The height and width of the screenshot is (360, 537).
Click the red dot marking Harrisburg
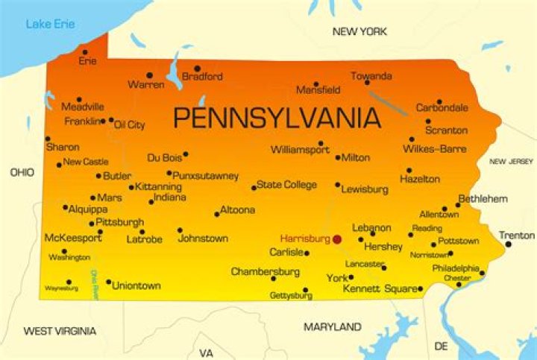click(x=337, y=239)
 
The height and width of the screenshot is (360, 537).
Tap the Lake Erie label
click(x=50, y=25)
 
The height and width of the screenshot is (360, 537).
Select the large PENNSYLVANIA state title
click(x=277, y=118)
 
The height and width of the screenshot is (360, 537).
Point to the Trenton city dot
click(x=509, y=244)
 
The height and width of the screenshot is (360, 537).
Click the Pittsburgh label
click(x=120, y=222)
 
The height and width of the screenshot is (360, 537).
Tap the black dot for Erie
click(x=85, y=53)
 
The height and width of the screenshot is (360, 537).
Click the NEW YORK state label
click(x=359, y=31)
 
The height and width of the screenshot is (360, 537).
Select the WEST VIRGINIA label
click(x=60, y=330)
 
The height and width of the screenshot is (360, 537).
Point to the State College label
click(x=286, y=185)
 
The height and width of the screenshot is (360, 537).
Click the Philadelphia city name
click(x=456, y=268)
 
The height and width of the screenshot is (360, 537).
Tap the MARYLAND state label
click(x=333, y=326)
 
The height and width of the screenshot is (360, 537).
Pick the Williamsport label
click(x=300, y=150)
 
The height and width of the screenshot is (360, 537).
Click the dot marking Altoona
click(x=217, y=214)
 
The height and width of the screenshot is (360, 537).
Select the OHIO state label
click(x=22, y=172)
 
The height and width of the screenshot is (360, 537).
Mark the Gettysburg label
click(x=291, y=296)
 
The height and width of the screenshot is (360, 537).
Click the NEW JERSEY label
click(x=511, y=161)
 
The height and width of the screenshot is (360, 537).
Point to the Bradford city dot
click(x=198, y=69)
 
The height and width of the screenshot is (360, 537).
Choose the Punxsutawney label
click(x=206, y=176)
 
